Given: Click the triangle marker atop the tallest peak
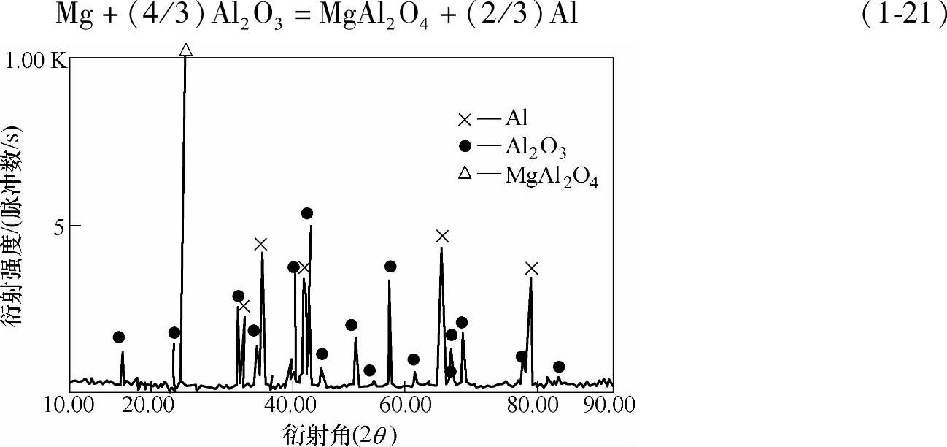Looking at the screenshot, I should (185, 50).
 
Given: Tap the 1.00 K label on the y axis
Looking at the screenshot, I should (36, 61).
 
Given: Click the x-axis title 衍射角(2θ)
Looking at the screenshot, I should (340, 435).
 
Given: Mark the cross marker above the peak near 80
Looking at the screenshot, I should (531, 268).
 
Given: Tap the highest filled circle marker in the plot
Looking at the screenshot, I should (307, 213).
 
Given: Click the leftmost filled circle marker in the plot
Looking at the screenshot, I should (119, 337).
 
